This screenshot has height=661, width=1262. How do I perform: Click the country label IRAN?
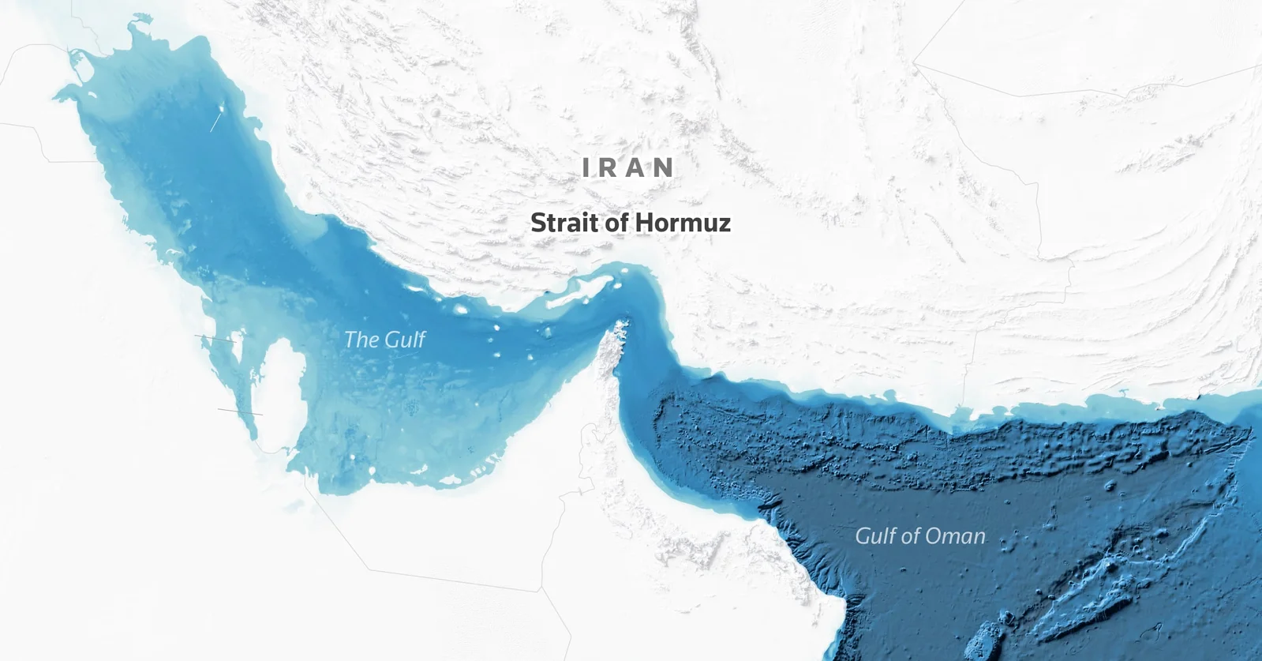pos(628,167)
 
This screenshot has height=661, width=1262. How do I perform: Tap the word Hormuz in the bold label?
pos(683,223)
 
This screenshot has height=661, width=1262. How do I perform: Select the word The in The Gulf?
pos(361,340)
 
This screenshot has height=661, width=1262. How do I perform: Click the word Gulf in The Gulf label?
pos(405,340)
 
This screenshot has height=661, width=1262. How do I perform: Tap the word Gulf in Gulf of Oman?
pos(875,536)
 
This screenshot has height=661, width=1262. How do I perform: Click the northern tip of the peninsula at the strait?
pos(620,325)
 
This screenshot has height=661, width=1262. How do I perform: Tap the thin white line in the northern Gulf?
pos(215,121)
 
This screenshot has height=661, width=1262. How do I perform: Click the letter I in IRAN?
pos(586,167)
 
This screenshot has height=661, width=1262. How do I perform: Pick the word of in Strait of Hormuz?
pos(616,223)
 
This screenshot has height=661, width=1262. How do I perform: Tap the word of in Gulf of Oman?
pos(911,536)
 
